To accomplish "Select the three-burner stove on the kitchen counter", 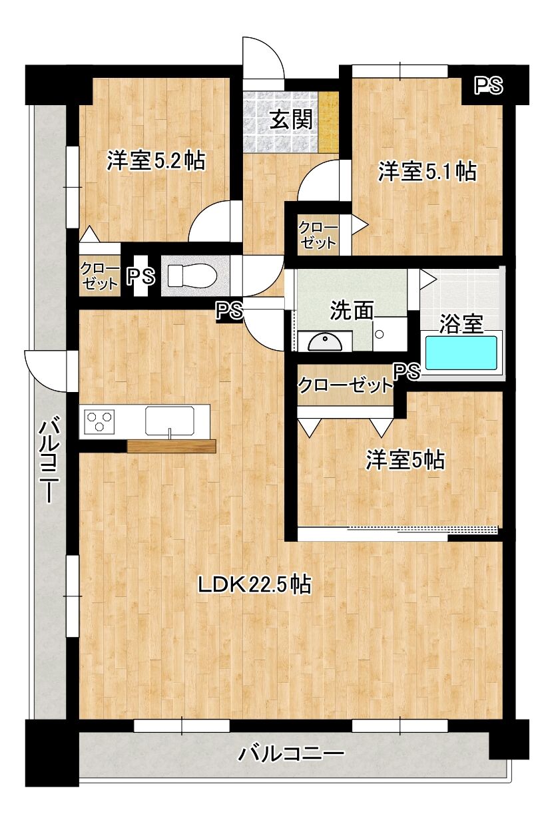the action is [x=99, y=421].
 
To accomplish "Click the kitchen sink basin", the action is [x=170, y=421].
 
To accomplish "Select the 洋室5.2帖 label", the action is [x=156, y=160].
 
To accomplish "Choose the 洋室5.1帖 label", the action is [x=427, y=171].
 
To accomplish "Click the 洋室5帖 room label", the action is [x=406, y=460].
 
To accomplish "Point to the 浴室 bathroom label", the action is [x=461, y=324].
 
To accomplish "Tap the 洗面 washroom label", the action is [x=352, y=311].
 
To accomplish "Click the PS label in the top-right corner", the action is [x=489, y=86].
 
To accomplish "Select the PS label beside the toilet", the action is [x=141, y=276].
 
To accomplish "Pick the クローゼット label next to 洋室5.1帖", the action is [x=318, y=236].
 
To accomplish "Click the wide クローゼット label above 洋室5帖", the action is [x=345, y=385].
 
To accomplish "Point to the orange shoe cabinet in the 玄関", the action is [x=328, y=122].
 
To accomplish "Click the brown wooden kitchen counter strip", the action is [x=171, y=446].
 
